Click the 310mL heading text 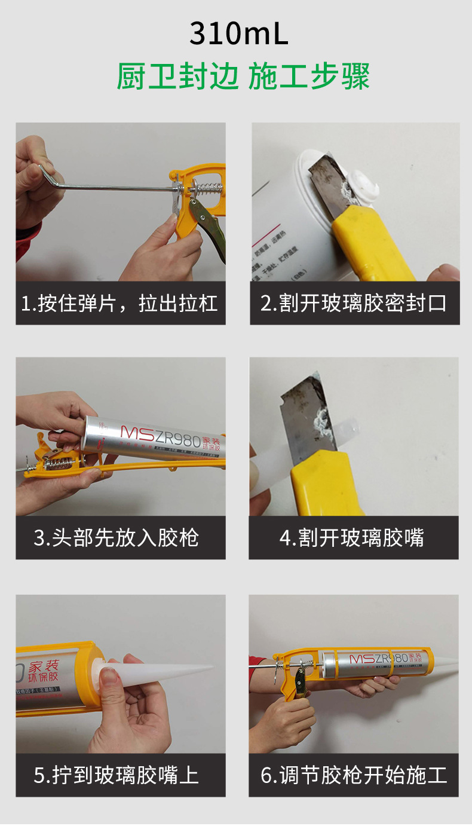click(239, 34)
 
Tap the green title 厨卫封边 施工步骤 click(243, 77)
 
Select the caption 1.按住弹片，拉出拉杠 click(120, 304)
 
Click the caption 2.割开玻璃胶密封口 click(354, 304)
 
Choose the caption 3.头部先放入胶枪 click(120, 538)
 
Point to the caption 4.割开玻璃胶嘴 click(353, 538)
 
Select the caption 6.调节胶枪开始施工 click(354, 775)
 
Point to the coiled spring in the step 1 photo click(207, 189)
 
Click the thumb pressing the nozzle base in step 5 click(109, 678)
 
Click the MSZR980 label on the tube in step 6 click(378, 659)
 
